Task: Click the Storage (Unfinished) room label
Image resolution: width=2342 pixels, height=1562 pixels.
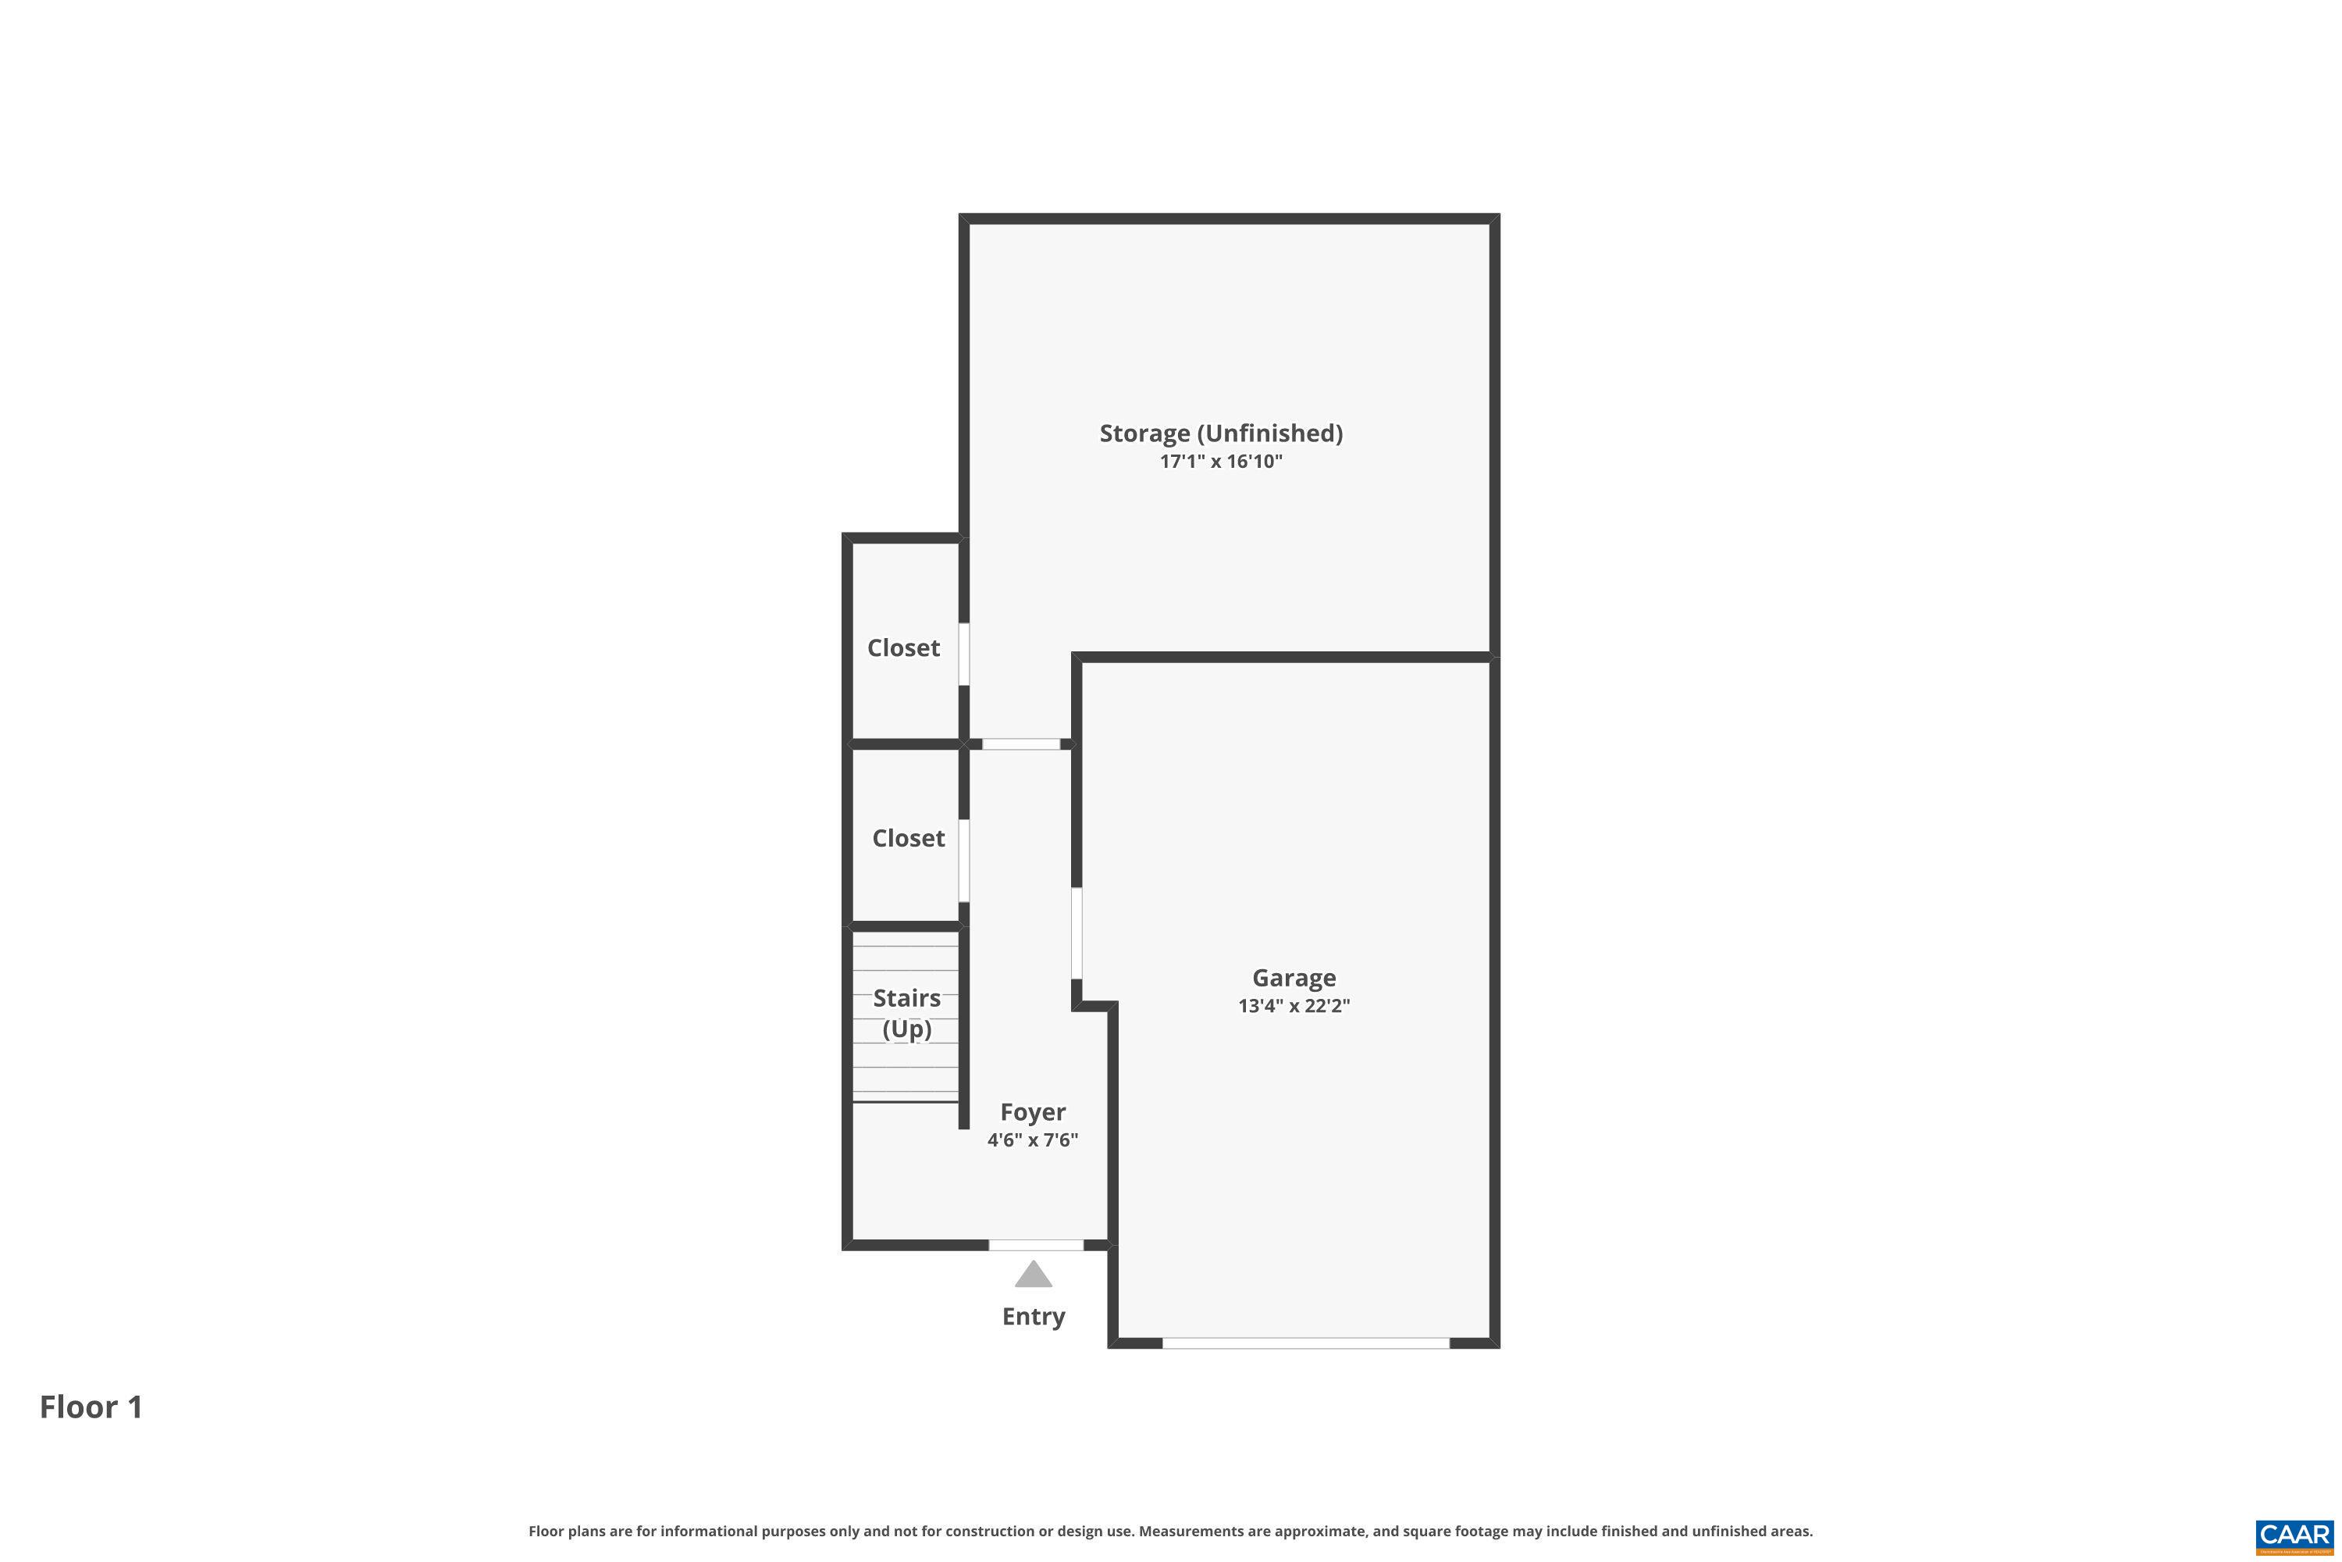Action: (1221, 433)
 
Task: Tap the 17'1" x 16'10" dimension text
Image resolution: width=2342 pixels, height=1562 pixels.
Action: (1221, 462)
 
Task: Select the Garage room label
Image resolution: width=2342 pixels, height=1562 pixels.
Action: (1294, 979)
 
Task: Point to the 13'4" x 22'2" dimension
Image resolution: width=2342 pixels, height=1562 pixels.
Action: (1294, 1006)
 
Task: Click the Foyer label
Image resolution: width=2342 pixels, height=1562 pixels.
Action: (1033, 1111)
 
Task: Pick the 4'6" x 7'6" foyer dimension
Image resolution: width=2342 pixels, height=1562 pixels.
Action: (1033, 1139)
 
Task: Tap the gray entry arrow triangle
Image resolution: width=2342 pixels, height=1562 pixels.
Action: (1034, 1275)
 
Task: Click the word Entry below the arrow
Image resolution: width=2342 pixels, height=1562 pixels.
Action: (1034, 1316)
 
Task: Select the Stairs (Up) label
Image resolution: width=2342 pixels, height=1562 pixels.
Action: (906, 1013)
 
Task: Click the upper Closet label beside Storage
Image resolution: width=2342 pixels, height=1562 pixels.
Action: (903, 648)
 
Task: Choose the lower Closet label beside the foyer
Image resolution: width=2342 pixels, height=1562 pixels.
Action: (908, 839)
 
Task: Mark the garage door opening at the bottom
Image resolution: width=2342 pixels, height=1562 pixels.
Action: (1305, 1344)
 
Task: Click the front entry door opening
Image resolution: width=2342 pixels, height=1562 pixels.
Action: (1036, 1245)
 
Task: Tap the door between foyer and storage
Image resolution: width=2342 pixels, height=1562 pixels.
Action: (1020, 744)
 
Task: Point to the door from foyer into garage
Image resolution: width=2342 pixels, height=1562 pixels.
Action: (1077, 933)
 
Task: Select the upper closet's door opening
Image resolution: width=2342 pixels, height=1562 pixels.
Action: (964, 654)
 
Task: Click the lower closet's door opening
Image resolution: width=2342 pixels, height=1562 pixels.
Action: (964, 861)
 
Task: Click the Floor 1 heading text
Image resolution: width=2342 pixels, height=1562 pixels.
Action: (91, 1407)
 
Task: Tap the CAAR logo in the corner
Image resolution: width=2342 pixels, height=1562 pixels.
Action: (2295, 1535)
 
